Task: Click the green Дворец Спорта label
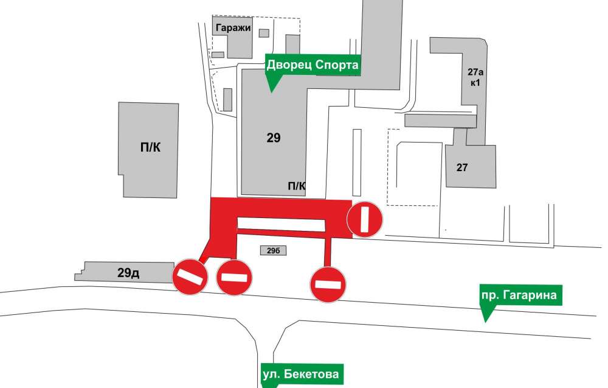pos(313,65)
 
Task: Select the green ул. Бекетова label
pos(300,373)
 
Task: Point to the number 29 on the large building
pos(274,138)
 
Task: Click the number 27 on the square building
pos(462,167)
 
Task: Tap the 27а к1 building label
pos(474,77)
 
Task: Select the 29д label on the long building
pos(128,273)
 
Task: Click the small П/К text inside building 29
pos(296,186)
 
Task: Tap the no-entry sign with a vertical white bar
pos(365,219)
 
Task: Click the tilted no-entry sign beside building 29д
pos(190,277)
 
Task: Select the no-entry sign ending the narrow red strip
pos(328,283)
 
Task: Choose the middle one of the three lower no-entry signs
pos(234,277)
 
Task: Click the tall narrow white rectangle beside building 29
pos(357,161)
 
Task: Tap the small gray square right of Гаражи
pos(264,33)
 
